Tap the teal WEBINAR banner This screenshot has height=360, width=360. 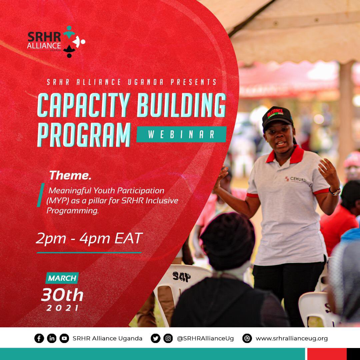[x=181, y=134]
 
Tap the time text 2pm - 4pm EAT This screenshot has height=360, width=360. [x=89, y=239]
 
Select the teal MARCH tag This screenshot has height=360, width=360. [x=62, y=278]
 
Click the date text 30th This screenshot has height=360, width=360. [x=62, y=295]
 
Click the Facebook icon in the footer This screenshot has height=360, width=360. [x=39, y=338]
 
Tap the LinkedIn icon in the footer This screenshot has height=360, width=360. [x=52, y=338]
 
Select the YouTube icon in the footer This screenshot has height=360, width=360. [x=64, y=338]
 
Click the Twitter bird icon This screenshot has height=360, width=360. [x=155, y=338]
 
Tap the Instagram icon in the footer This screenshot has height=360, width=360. [x=168, y=338]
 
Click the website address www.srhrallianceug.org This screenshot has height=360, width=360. [x=291, y=338]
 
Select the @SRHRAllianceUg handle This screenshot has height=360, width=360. [x=205, y=338]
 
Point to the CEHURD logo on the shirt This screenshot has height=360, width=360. [x=296, y=179]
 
